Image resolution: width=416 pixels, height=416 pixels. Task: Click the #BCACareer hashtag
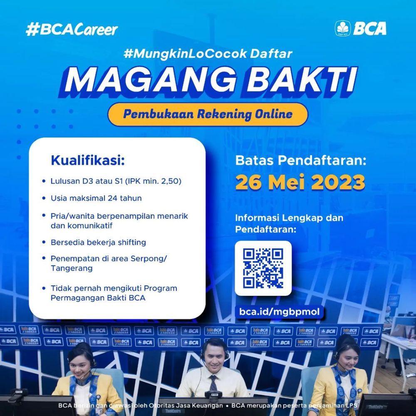72,29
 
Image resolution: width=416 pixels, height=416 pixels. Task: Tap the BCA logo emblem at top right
342,28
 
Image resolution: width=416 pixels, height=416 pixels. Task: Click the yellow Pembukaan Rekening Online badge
208,114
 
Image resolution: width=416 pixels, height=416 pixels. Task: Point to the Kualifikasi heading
88,161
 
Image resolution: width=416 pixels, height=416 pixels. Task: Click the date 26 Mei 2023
300,182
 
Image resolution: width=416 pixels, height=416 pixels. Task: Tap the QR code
263,268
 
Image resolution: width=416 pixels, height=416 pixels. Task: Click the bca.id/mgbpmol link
280,312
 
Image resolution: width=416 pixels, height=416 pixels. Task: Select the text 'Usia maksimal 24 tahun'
96,198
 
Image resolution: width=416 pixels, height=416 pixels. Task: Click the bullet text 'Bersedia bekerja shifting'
98,242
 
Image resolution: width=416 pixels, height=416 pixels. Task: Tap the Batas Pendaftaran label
301,161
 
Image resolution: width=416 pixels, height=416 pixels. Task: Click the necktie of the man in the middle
213,382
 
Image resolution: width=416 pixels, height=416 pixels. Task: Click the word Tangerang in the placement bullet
72,268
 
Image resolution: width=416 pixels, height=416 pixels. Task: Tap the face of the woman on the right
345,359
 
